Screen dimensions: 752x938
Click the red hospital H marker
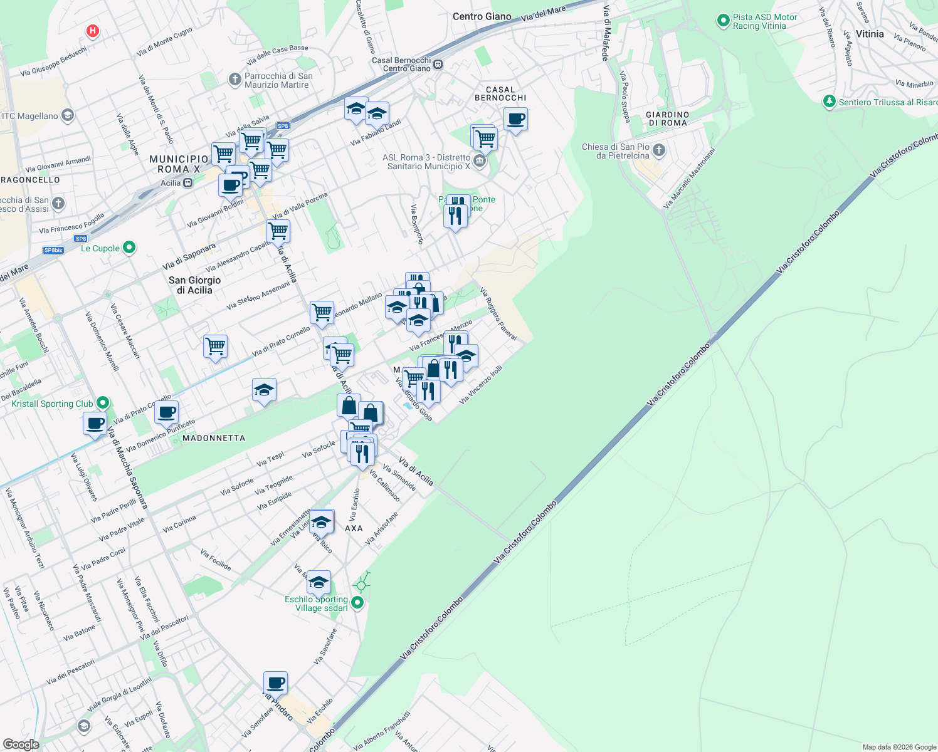pyautogui.click(x=93, y=30)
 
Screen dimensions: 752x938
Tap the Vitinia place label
pyautogui.click(x=870, y=34)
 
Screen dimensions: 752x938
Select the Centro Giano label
pyautogui.click(x=482, y=16)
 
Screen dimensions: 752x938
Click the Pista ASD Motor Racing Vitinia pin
pyautogui.click(x=722, y=21)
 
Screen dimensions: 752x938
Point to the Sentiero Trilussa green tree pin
pyautogui.click(x=829, y=102)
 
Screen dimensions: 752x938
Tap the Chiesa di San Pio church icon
pyautogui.click(x=658, y=150)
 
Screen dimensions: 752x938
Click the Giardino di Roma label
pyautogui.click(x=667, y=118)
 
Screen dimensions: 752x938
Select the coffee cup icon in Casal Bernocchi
pyautogui.click(x=515, y=118)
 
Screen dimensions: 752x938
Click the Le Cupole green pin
pyautogui.click(x=129, y=248)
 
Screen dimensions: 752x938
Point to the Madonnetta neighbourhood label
pyautogui.click(x=214, y=438)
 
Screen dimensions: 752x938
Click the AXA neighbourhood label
pyautogui.click(x=354, y=528)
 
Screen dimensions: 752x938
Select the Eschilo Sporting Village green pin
pyautogui.click(x=357, y=603)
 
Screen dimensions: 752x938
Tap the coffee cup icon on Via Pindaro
pyautogui.click(x=275, y=682)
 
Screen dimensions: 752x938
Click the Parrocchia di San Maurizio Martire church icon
pyautogui.click(x=234, y=80)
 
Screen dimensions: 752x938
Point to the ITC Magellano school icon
pyautogui.click(x=68, y=115)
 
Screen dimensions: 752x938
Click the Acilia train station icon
pyautogui.click(x=187, y=183)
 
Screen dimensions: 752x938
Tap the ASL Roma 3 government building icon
pyautogui.click(x=480, y=161)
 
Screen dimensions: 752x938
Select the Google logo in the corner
pyautogui.click(x=21, y=744)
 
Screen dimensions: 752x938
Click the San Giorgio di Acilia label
pyautogui.click(x=194, y=285)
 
